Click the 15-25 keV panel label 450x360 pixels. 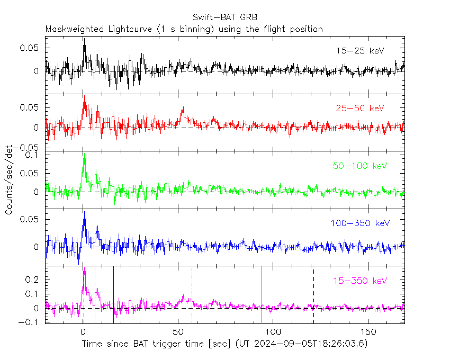point(359,51)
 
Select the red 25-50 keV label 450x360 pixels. point(359,109)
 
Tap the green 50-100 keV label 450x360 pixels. point(359,166)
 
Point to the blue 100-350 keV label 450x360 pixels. point(359,223)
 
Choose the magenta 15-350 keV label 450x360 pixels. point(359,281)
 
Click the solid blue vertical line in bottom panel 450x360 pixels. point(113,294)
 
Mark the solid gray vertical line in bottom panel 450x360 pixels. point(261,294)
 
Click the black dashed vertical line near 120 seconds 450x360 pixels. point(313,294)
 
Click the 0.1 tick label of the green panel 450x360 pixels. point(33,156)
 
